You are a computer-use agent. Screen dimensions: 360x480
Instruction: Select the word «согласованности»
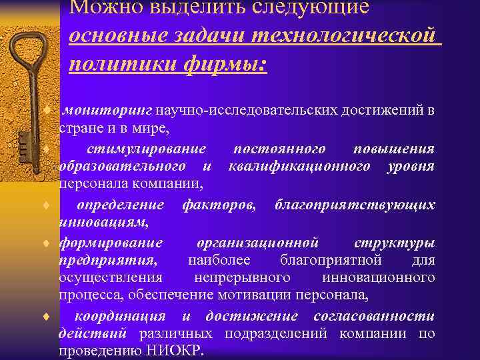click(x=376, y=315)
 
